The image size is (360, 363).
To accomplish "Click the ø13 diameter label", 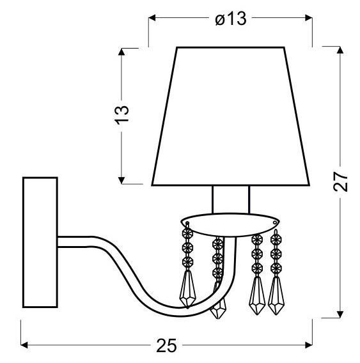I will tap(230, 19).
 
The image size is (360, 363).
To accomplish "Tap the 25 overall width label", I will tap(166, 346).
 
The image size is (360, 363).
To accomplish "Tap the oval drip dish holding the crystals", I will tap(230, 224).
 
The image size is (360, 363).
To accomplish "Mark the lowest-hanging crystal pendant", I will tap(218, 310).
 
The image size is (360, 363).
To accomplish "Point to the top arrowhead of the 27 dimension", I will tap(339, 50).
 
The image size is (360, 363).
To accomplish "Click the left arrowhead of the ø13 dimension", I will tap(152, 19).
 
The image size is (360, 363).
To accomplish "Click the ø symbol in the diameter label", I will tap(220, 19).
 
